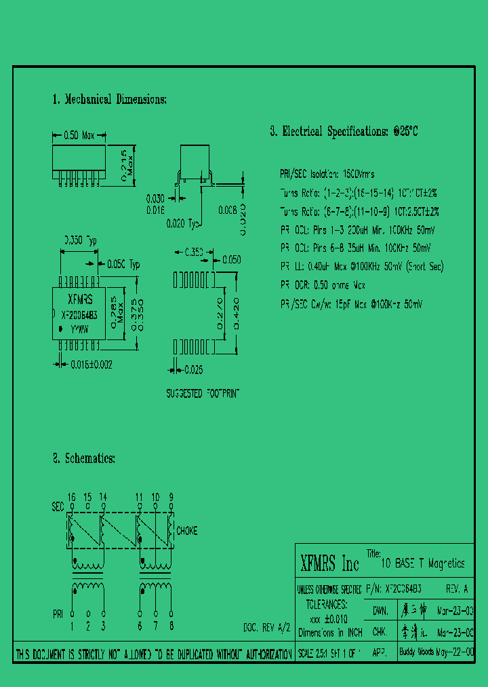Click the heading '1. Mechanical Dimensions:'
click(x=108, y=99)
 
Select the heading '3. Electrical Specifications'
click(x=344, y=132)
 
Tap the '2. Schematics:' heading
click(x=84, y=459)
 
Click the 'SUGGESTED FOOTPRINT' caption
click(x=203, y=393)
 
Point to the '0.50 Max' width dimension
click(x=79, y=136)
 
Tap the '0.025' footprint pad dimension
click(x=194, y=369)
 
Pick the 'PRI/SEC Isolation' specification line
click(x=327, y=174)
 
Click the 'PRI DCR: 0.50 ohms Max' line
click(x=323, y=285)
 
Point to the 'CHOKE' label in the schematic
click(x=186, y=530)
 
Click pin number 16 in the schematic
click(x=71, y=497)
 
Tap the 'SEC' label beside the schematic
click(x=58, y=506)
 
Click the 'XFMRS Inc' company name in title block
click(x=329, y=563)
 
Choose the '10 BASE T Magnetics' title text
click(x=423, y=563)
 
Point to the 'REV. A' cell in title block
click(x=457, y=589)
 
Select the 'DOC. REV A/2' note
click(x=266, y=627)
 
